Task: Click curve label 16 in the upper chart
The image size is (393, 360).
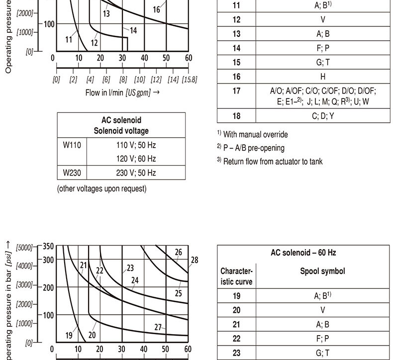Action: coord(157,9)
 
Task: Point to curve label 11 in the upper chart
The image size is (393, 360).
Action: coord(69,39)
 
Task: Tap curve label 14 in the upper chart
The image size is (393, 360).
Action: coord(133,30)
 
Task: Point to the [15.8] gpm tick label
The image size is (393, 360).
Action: coord(189,80)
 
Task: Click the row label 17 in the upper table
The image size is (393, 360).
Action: coord(236,90)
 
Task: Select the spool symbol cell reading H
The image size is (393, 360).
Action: coord(322,77)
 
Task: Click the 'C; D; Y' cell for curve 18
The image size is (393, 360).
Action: coord(322,116)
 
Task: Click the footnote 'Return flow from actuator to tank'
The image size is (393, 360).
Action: coord(272,161)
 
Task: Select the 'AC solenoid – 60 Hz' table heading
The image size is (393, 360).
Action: coord(303,253)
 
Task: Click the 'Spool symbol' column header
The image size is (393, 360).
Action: coord(322,271)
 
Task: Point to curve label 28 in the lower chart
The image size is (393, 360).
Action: coord(194,260)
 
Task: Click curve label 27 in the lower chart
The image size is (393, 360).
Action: coord(158,327)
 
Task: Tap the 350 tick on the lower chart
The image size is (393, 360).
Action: coord(48,246)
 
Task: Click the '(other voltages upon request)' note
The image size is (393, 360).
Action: coord(102,188)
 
